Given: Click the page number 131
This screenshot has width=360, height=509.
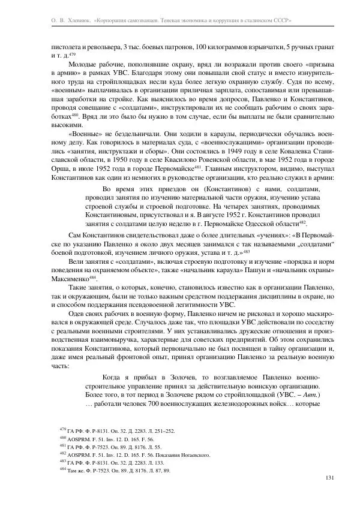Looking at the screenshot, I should tap(328, 478).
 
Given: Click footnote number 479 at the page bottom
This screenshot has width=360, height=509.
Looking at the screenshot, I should tap(62, 430).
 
